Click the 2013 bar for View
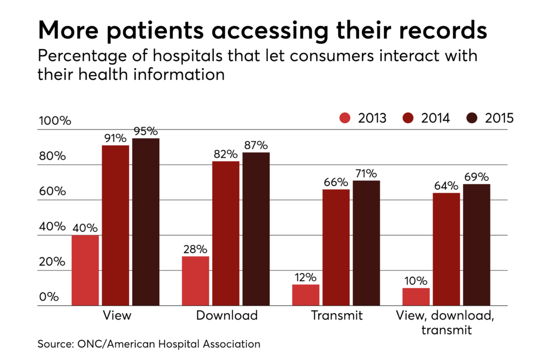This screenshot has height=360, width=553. (85, 270)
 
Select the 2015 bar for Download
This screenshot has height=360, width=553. (256, 229)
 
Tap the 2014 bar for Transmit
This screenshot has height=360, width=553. (336, 248)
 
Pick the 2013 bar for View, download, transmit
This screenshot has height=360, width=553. (416, 297)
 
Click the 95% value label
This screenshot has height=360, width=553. (146, 131)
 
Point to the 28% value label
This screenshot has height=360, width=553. (195, 249)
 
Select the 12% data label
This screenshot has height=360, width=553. (306, 277)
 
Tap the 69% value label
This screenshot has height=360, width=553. (477, 177)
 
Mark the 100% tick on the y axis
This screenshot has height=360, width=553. (55, 121)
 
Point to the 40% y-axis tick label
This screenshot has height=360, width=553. (51, 227)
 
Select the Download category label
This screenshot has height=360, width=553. (226, 315)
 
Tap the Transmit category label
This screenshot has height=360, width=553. (337, 315)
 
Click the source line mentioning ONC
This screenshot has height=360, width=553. (149, 343)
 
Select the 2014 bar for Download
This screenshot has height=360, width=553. (226, 234)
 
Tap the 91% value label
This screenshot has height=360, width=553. (115, 139)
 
